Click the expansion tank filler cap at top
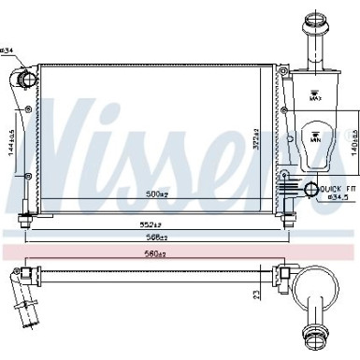point(312,23)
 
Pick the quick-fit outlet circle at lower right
point(311,192)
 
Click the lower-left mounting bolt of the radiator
point(24,221)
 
